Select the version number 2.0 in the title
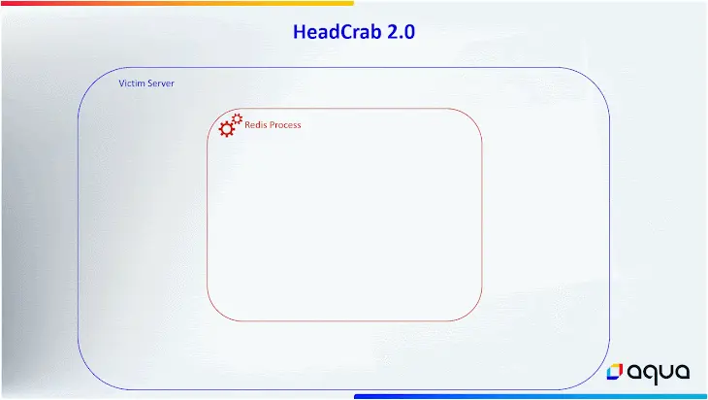coord(401,32)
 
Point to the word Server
coord(160,83)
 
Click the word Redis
coord(256,124)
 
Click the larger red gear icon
coord(227,129)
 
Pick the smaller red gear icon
coord(237,118)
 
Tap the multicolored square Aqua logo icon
coord(615,372)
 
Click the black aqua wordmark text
coord(659,373)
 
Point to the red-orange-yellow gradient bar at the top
coord(177,3)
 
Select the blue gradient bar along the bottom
coord(531,396)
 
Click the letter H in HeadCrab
coord(300,32)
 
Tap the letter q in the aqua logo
coord(651,375)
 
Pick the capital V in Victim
coord(122,83)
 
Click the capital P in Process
coord(272,124)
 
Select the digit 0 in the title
coord(409,32)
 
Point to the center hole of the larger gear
coord(227,129)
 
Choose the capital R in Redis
coord(247,124)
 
